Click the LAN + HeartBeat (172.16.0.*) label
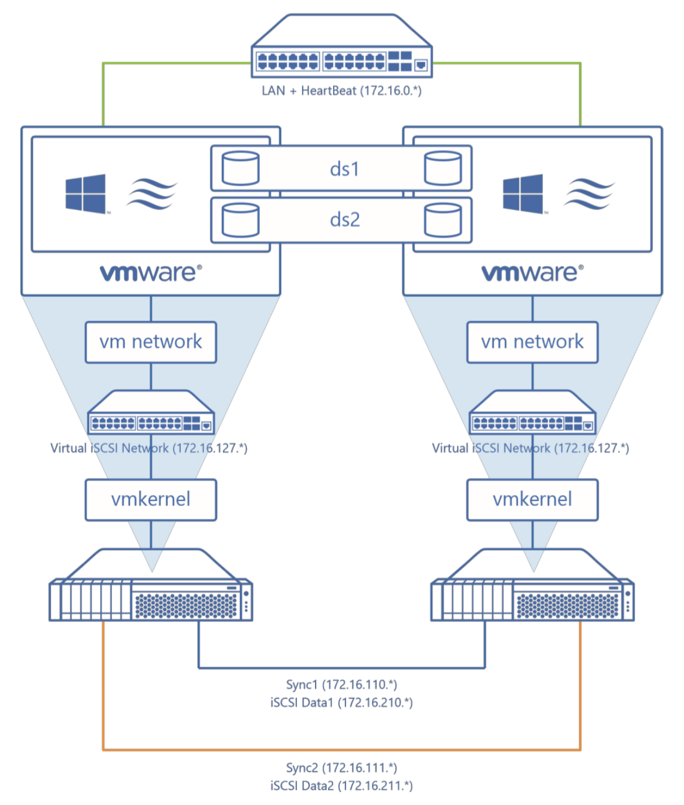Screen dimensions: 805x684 pos(341,90)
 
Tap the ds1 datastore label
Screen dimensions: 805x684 pos(344,169)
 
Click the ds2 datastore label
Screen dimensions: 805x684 pos(344,219)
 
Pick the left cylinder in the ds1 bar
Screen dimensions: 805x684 pos(241,168)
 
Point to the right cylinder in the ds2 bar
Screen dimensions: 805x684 pos(443,220)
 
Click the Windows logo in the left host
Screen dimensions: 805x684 pos(86,194)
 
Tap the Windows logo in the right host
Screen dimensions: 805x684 pos(523,194)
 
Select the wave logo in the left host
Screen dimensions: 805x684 pos(151,194)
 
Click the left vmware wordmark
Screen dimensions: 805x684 pos(151,272)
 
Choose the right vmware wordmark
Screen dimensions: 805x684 pos(532,272)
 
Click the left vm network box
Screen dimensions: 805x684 pos(151,342)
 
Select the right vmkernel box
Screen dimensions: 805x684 pos(532,500)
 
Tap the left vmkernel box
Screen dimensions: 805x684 pos(151,500)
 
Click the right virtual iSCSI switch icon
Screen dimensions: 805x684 pos(532,413)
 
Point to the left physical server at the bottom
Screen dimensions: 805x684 pos(151,590)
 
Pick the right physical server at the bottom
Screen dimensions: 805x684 pos(532,590)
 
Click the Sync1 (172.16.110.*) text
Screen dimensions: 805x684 pos(341,684)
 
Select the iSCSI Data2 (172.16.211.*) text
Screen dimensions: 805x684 pos(341,786)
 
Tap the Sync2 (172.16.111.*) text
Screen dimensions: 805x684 pos(341,767)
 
